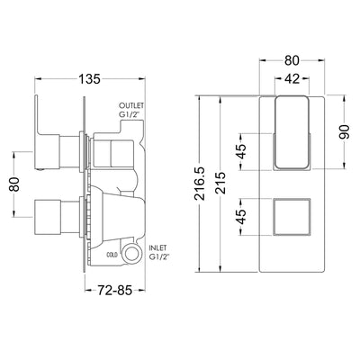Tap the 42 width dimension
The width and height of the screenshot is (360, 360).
[289, 79]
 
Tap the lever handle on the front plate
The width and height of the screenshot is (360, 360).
[292, 133]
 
